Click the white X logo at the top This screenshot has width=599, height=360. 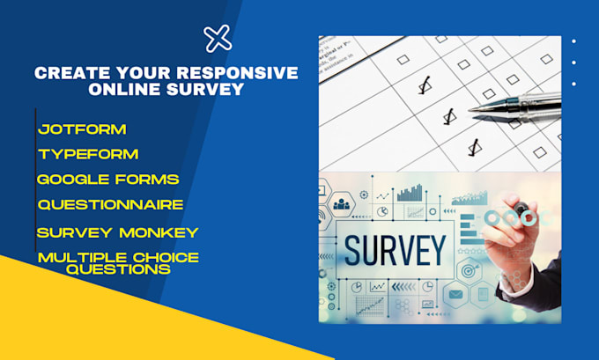(x=218, y=38)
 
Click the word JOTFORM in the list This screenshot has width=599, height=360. (x=82, y=129)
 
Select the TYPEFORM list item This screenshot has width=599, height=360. (x=87, y=155)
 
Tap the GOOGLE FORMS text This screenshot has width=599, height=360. (x=107, y=180)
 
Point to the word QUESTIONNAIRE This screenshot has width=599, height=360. (x=110, y=204)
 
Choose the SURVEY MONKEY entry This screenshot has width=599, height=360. (x=117, y=232)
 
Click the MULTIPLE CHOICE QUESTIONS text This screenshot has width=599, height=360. (x=117, y=263)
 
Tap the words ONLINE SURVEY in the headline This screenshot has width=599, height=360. (x=166, y=91)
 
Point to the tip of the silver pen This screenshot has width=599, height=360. (x=470, y=110)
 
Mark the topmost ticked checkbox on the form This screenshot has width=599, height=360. (x=425, y=86)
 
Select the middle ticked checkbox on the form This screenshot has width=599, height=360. (x=447, y=115)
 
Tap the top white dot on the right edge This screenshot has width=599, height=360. (x=573, y=40)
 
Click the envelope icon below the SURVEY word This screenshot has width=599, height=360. (x=455, y=294)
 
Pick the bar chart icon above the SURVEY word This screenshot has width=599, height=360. (x=410, y=193)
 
